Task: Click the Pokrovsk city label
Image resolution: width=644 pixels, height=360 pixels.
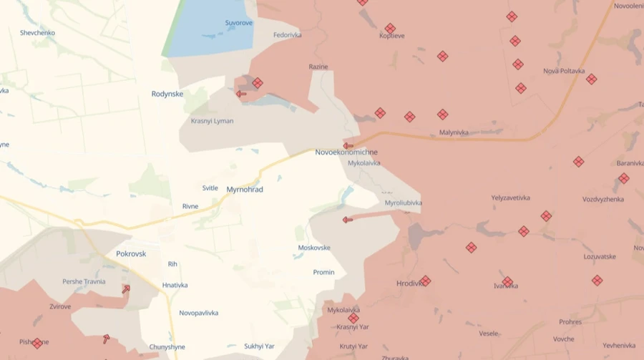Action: [131, 253]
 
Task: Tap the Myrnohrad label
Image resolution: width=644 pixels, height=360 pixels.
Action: [245, 190]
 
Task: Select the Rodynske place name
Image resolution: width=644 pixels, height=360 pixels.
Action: [167, 94]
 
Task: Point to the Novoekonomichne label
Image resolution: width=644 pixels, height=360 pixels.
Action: [346, 152]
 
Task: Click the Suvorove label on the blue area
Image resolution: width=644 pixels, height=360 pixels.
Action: [239, 23]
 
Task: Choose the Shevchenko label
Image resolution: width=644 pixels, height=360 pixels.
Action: [37, 33]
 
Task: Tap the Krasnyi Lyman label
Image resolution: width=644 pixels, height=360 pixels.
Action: [212, 121]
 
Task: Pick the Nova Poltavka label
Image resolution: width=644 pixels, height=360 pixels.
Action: [564, 71]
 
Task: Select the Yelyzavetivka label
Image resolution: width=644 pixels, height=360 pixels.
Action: [510, 198]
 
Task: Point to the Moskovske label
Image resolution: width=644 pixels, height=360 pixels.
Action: [314, 248]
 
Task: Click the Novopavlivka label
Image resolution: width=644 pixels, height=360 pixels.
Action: [199, 313]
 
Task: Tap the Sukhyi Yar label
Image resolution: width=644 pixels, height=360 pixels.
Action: [259, 346]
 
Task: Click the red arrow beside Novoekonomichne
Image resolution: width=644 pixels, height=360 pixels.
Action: [348, 145]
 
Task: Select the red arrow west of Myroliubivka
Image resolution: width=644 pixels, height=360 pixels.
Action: [348, 220]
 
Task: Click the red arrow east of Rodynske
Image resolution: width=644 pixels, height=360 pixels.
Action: [241, 94]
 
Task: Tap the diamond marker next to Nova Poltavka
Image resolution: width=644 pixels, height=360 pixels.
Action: [591, 79]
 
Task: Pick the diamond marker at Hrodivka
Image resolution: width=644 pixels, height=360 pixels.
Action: [425, 281]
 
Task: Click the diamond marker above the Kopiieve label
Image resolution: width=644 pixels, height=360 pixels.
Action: [390, 29]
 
